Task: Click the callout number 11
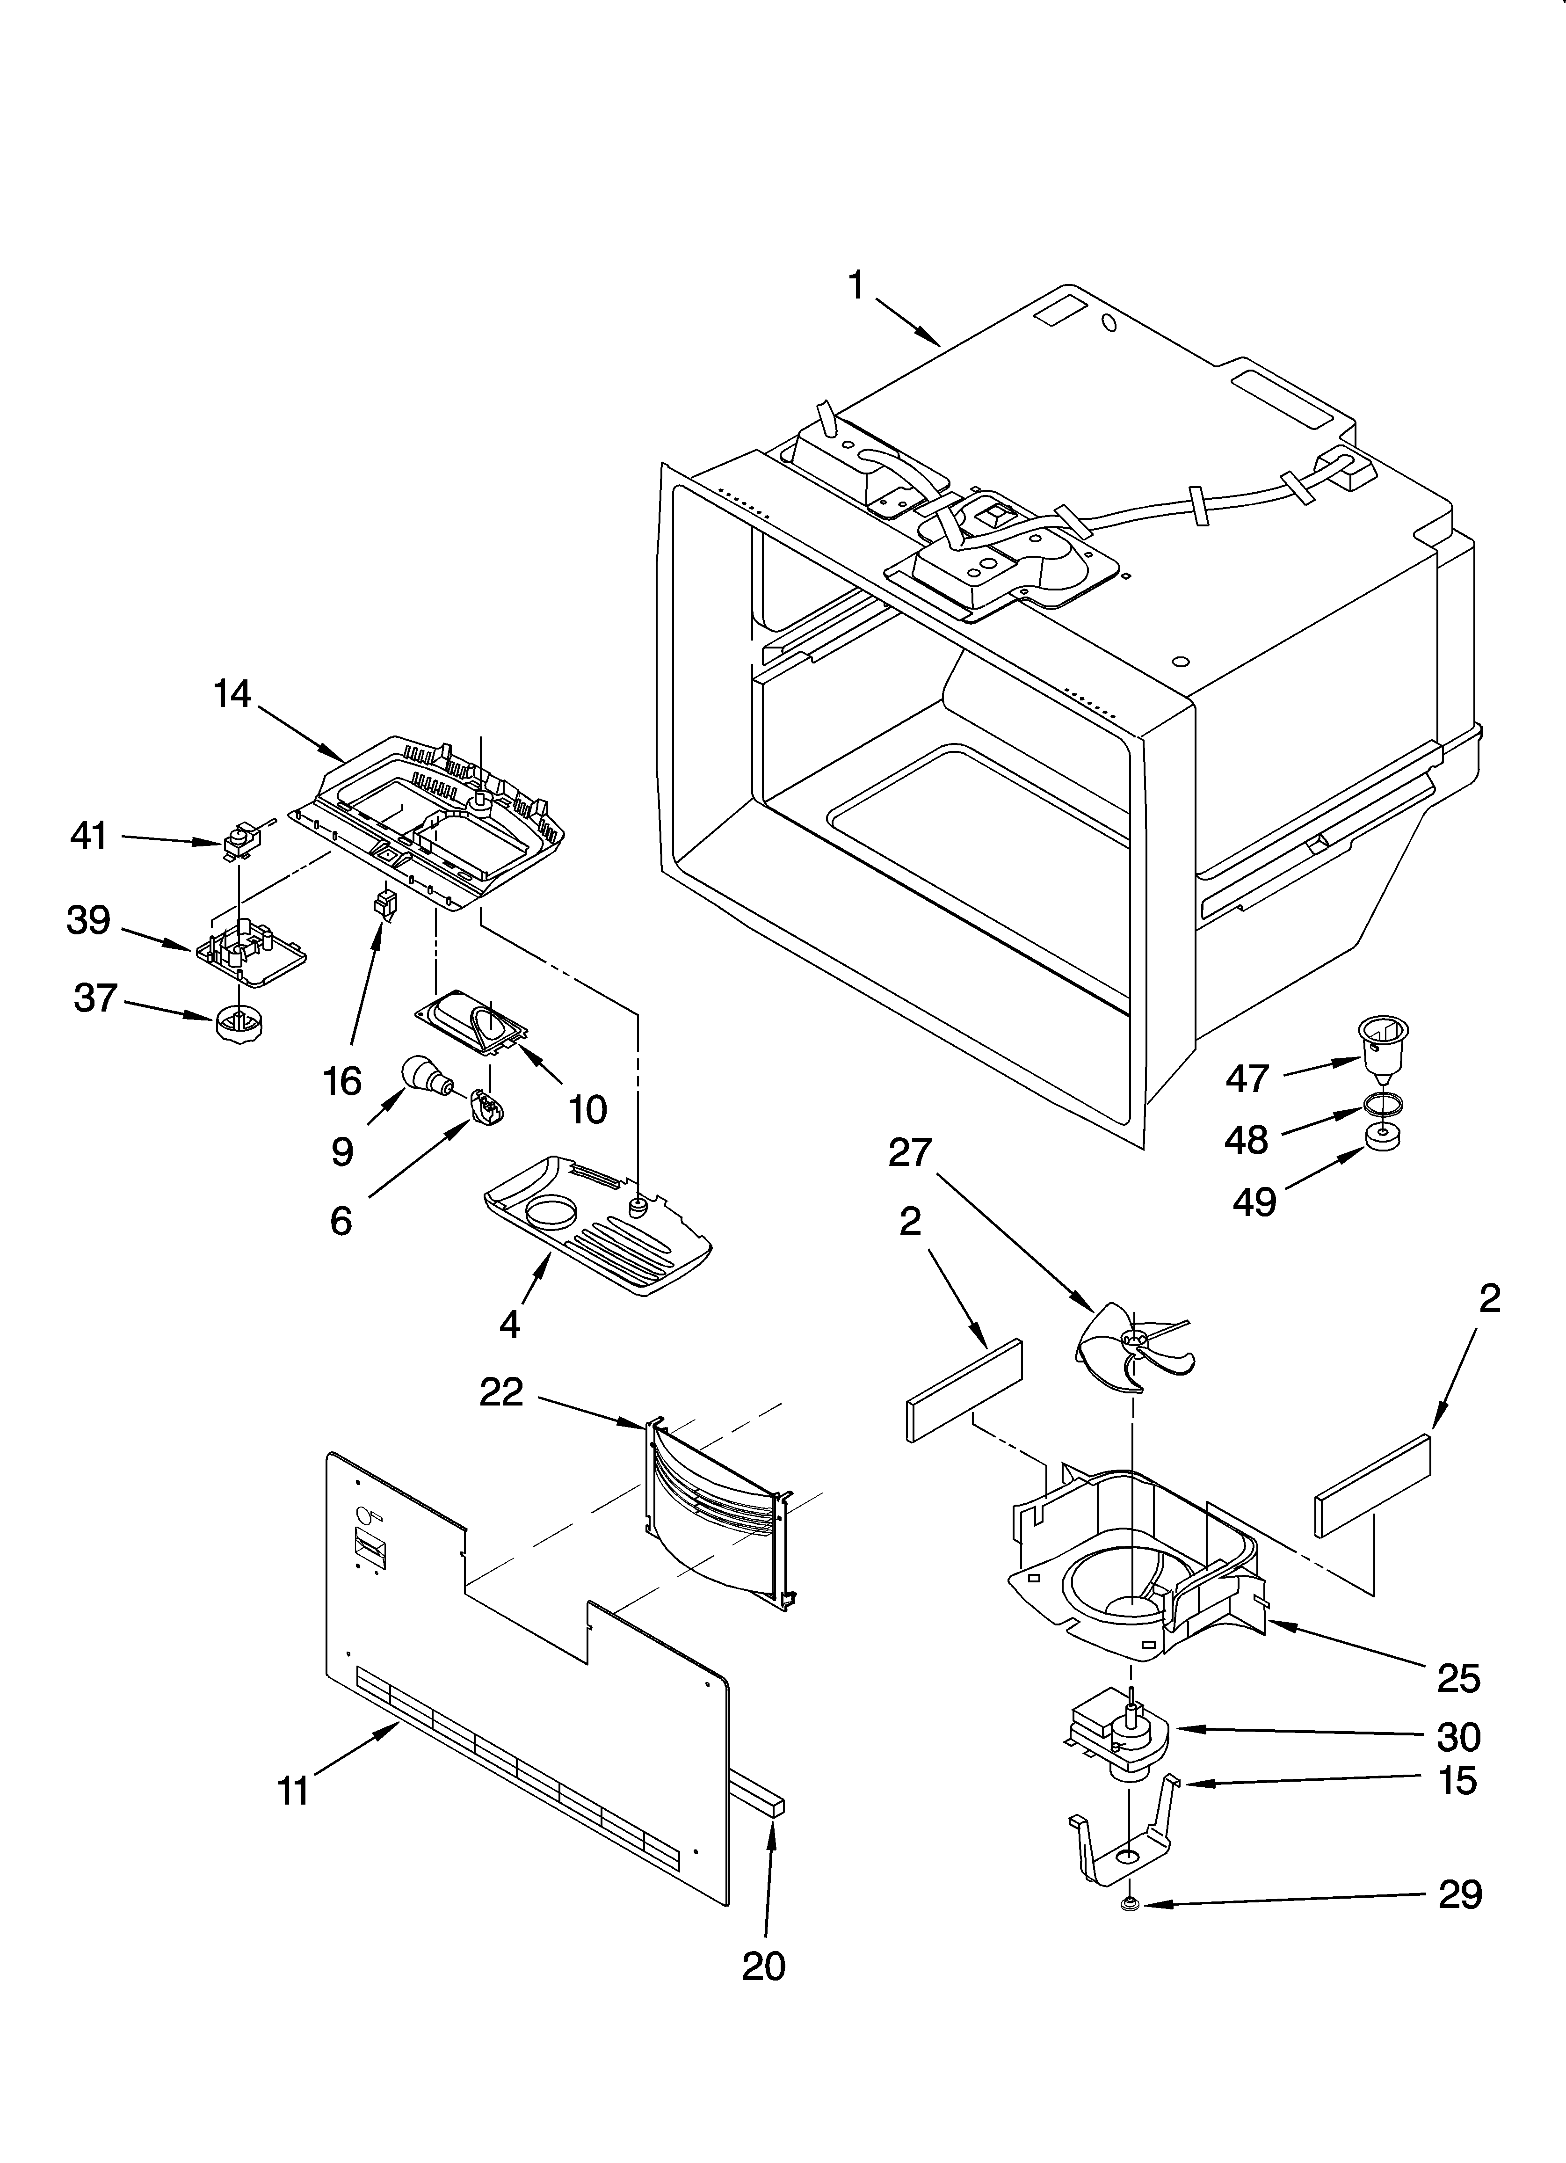(x=293, y=1791)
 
